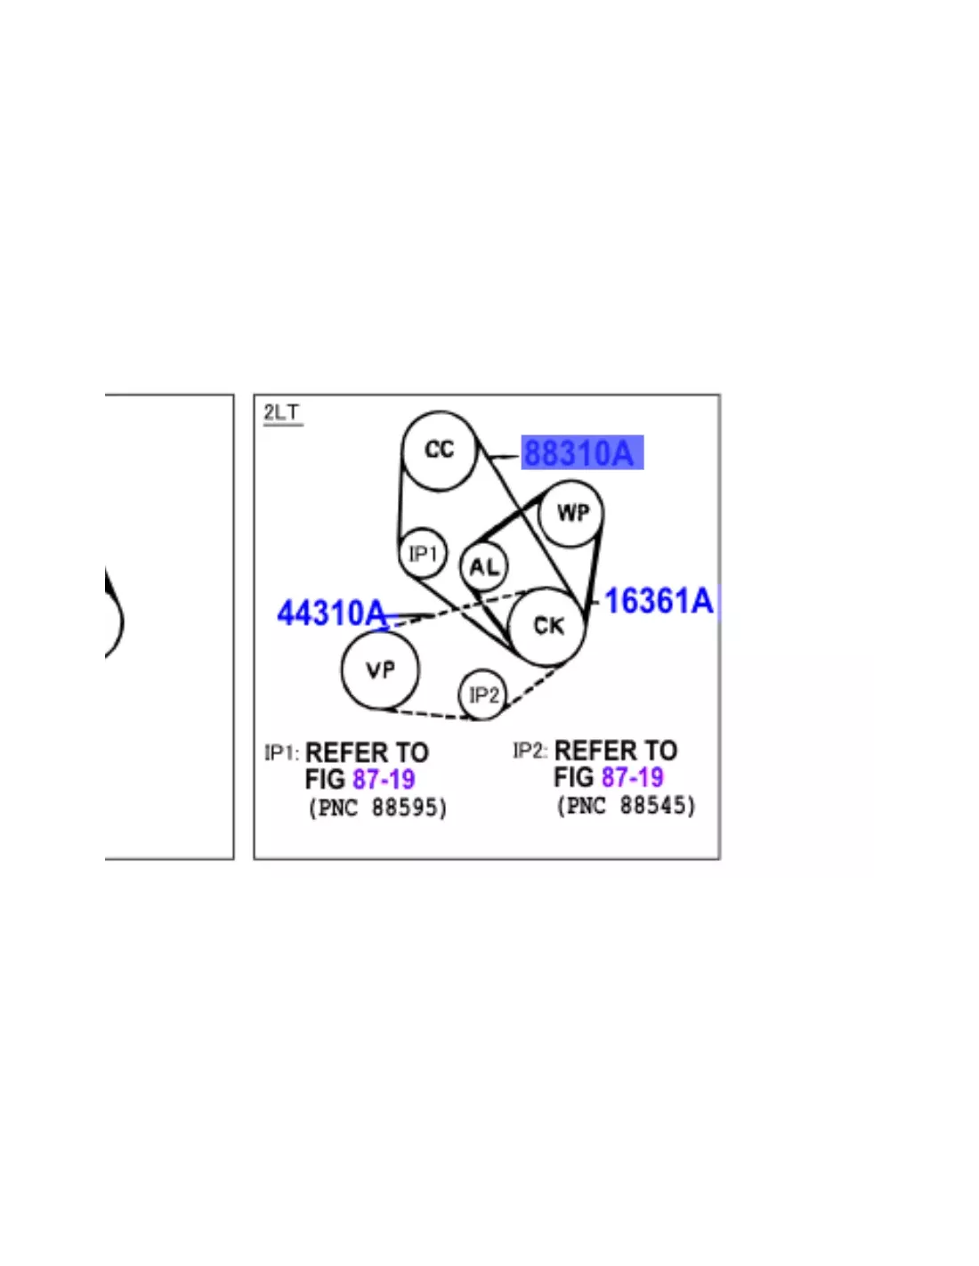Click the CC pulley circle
[403, 450]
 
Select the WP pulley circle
[540, 514]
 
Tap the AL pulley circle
[461, 566]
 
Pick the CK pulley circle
[510, 627]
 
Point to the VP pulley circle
[343, 670]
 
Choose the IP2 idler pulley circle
[460, 694]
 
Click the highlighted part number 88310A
[578, 452]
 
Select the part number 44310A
[331, 613]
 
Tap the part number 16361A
[659, 601]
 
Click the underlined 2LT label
[282, 413]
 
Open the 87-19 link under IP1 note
[384, 779]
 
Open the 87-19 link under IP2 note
[633, 777]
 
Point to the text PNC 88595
[377, 808]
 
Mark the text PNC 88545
[626, 807]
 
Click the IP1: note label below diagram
[282, 752]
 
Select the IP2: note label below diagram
[530, 751]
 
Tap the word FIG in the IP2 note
[574, 777]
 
